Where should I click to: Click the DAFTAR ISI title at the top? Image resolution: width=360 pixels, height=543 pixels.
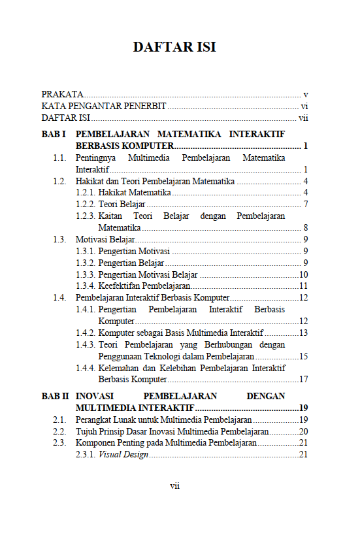174,47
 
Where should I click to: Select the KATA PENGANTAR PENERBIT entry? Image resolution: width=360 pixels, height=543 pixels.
104,107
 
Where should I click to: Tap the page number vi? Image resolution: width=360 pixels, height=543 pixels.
304,107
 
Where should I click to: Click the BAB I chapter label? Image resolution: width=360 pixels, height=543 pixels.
54,134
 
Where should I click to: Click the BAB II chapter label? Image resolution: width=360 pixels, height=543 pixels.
55,396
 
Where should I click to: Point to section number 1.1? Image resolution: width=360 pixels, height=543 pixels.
59,158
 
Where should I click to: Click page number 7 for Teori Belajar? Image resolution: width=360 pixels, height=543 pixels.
305,205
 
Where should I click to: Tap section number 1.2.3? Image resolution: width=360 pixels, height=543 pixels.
86,216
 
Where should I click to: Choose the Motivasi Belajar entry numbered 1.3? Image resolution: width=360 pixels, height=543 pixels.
105,240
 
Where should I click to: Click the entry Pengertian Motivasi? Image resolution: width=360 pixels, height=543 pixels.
134,252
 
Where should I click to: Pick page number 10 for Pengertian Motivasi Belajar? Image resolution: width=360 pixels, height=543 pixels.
303,275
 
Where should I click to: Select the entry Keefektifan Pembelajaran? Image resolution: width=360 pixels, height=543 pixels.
144,286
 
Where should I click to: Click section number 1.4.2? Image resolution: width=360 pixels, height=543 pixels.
86,333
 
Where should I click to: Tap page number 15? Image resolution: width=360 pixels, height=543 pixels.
303,356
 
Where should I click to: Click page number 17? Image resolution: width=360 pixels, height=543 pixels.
303,379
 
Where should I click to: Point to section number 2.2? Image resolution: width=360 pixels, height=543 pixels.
59,431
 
